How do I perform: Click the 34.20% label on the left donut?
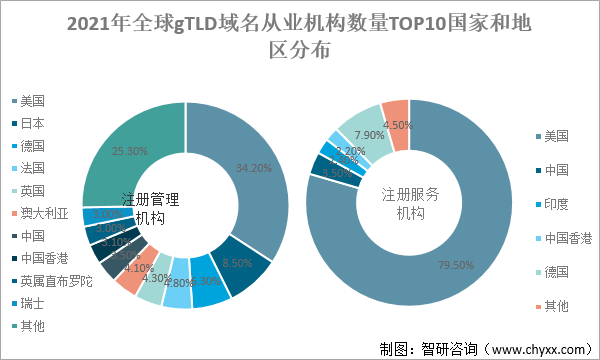click(254, 168)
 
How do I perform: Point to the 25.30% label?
click(130, 152)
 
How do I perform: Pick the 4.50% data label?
click(398, 125)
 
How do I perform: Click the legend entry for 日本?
click(33, 123)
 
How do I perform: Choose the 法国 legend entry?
click(33, 168)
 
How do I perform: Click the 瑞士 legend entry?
click(33, 303)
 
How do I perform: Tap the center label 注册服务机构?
click(410, 206)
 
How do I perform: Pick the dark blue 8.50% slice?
click(240, 262)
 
